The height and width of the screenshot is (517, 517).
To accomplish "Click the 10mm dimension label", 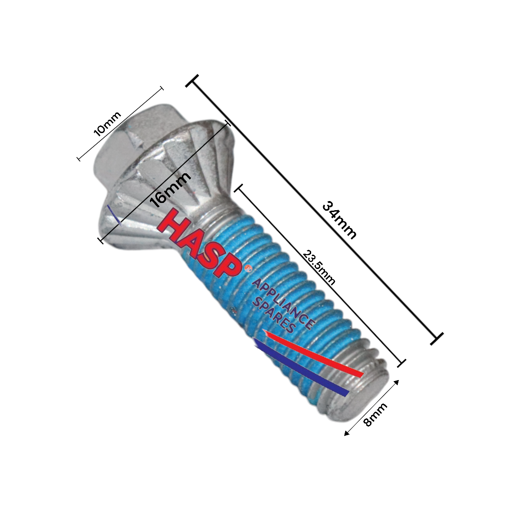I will pyautogui.click(x=107, y=124).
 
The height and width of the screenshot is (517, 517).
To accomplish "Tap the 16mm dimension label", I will pyautogui.click(x=170, y=189).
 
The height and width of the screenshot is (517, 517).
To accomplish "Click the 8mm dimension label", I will pyautogui.click(x=375, y=415).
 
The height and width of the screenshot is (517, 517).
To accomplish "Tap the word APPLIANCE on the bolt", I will pyautogui.click(x=283, y=304).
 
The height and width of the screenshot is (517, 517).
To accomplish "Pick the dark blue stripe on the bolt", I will pyautogui.click(x=302, y=369).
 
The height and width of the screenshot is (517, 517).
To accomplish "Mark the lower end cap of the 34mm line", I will pyautogui.click(x=437, y=338).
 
